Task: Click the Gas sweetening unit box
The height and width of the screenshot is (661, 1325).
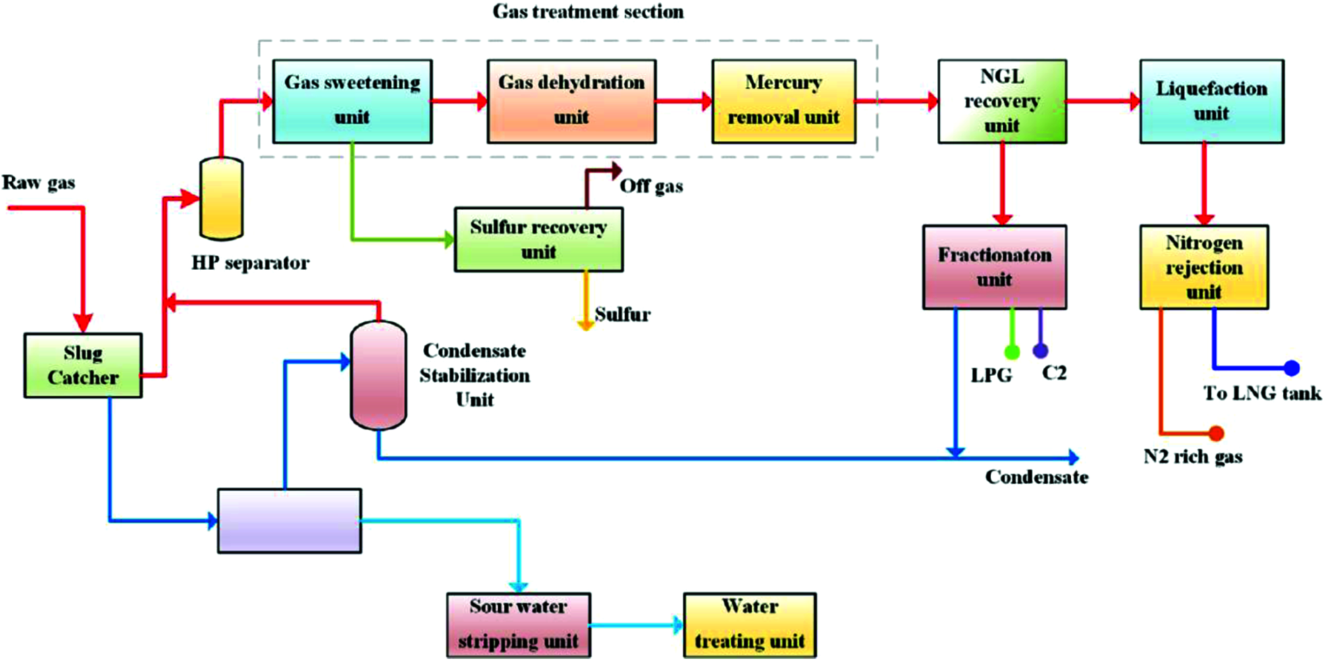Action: click(x=352, y=101)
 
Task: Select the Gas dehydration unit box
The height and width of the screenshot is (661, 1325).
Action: click(x=571, y=101)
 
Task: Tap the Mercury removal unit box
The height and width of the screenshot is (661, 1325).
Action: click(x=783, y=101)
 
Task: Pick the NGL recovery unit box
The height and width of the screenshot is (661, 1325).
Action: click(x=1001, y=101)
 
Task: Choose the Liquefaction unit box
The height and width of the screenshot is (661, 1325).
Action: click(x=1211, y=101)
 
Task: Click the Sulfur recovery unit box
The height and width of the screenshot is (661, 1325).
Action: click(x=538, y=239)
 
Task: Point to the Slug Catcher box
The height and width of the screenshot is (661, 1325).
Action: click(x=83, y=365)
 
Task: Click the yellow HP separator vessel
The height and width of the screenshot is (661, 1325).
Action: click(x=221, y=199)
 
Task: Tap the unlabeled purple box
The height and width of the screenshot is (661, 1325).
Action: click(x=289, y=521)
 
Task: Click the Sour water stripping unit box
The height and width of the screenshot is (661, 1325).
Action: click(x=518, y=625)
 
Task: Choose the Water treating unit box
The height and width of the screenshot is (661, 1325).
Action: click(x=750, y=625)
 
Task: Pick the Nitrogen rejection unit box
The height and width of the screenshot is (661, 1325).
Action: click(x=1204, y=267)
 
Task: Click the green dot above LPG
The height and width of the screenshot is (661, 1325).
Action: click(x=1012, y=351)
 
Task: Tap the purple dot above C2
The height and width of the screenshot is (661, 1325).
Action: click(x=1040, y=350)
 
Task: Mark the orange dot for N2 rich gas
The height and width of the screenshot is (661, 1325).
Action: click(x=1216, y=433)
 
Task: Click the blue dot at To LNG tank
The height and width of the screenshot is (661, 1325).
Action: click(x=1292, y=367)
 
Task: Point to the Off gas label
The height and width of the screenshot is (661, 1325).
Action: click(x=651, y=186)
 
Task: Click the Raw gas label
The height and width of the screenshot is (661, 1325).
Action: click(x=38, y=183)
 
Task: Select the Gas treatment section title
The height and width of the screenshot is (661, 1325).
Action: click(x=588, y=12)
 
